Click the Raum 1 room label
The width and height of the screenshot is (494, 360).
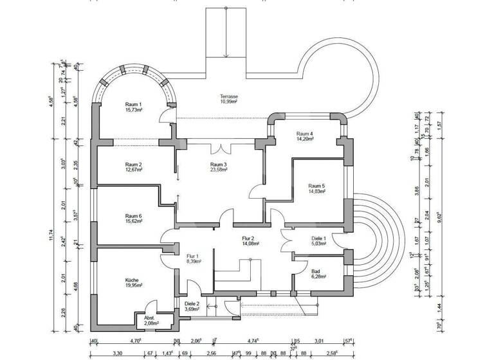[x=133, y=104]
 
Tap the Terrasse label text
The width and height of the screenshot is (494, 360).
[x=228, y=96]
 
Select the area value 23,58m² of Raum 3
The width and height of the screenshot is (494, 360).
[x=218, y=170]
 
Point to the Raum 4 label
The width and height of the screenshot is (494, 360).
[x=304, y=133]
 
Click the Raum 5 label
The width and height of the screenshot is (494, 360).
[x=316, y=186]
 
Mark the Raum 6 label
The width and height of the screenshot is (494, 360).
[x=133, y=216]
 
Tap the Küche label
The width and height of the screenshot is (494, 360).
[x=133, y=280]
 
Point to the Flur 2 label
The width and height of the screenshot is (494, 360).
[x=250, y=237]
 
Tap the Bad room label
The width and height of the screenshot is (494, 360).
[x=297, y=272]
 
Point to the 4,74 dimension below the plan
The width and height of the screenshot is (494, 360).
[x=253, y=341]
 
